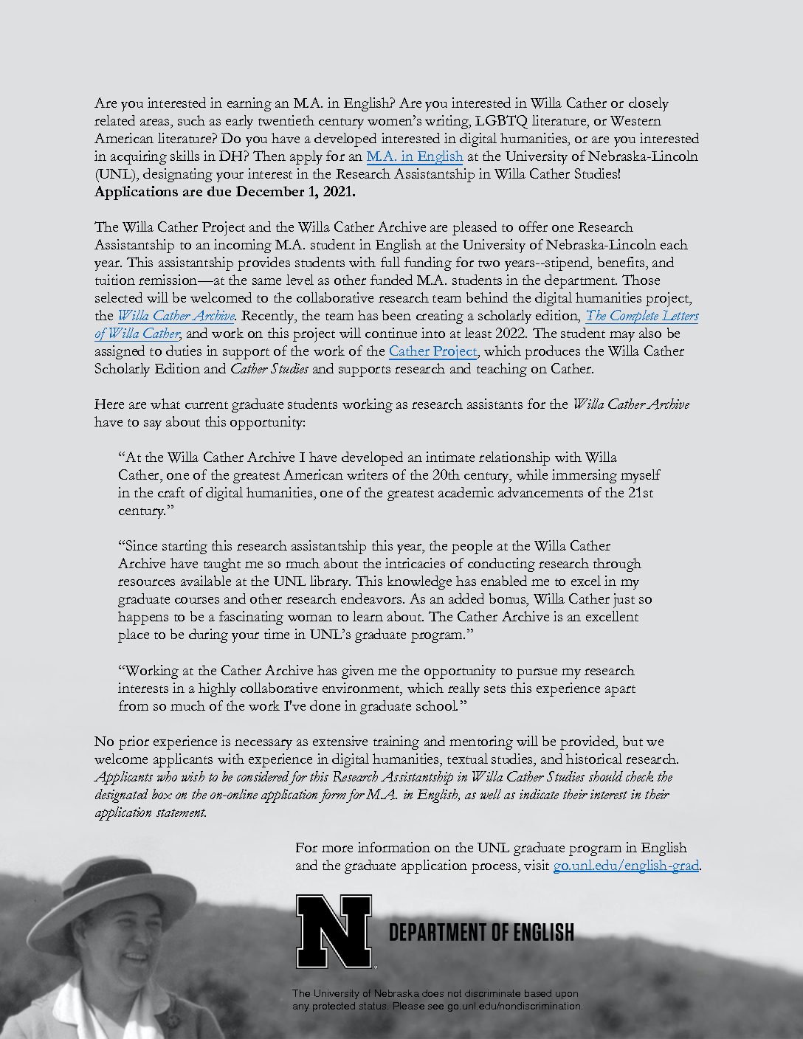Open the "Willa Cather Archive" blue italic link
pyautogui.click(x=176, y=316)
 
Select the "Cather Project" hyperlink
pyautogui.click(x=432, y=351)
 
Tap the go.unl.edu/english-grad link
pyautogui.click(x=626, y=866)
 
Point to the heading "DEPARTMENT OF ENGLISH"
pyautogui.click(x=481, y=933)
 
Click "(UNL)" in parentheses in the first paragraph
pyautogui.click(x=114, y=175)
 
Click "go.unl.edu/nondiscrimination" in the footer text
pyautogui.click(x=514, y=1006)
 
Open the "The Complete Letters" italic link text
pyautogui.click(x=641, y=316)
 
